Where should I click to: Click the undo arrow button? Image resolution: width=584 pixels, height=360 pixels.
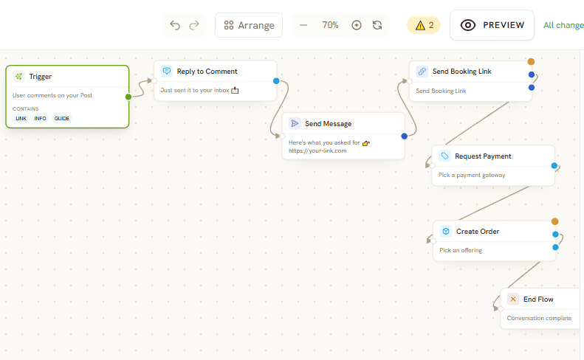[x=175, y=25]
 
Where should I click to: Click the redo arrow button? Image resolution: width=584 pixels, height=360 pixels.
[x=194, y=25]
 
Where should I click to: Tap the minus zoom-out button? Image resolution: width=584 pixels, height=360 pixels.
[x=303, y=25]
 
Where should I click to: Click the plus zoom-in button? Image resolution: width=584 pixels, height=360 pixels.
[x=357, y=25]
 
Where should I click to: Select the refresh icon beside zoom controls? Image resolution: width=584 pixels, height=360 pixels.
[x=377, y=25]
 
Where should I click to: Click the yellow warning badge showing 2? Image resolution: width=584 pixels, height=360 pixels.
[x=424, y=25]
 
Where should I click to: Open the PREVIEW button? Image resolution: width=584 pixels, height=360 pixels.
[x=492, y=25]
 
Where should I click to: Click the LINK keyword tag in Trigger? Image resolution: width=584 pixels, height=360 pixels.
[x=21, y=118]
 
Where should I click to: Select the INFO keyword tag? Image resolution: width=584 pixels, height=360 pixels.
[x=40, y=118]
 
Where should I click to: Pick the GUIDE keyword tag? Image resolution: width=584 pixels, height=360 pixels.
[x=62, y=118]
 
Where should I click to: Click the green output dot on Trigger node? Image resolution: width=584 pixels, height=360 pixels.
[x=128, y=97]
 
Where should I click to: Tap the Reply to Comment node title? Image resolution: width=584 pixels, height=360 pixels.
[x=207, y=71]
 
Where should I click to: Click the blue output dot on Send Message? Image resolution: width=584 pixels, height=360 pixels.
[x=405, y=136]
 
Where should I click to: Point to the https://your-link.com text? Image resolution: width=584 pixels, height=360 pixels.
[x=317, y=150]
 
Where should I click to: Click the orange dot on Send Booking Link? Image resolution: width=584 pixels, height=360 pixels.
[x=531, y=62]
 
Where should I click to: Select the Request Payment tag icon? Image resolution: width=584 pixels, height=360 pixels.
[x=444, y=156]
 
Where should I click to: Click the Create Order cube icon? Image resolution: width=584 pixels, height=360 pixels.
[x=446, y=231]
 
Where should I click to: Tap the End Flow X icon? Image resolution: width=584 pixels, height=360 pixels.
[x=513, y=299]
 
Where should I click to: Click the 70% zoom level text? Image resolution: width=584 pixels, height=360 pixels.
[x=330, y=25]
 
